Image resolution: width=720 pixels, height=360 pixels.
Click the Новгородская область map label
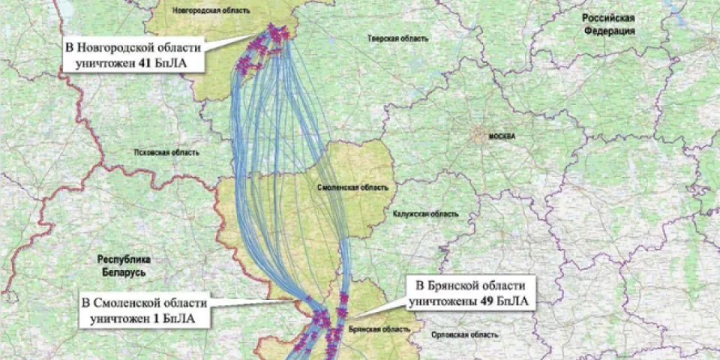[x=211, y=11]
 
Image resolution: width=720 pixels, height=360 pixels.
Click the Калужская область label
[x=424, y=214]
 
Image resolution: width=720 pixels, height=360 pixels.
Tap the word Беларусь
[x=123, y=271]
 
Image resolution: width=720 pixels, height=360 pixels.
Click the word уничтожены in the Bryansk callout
[x=443, y=302]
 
